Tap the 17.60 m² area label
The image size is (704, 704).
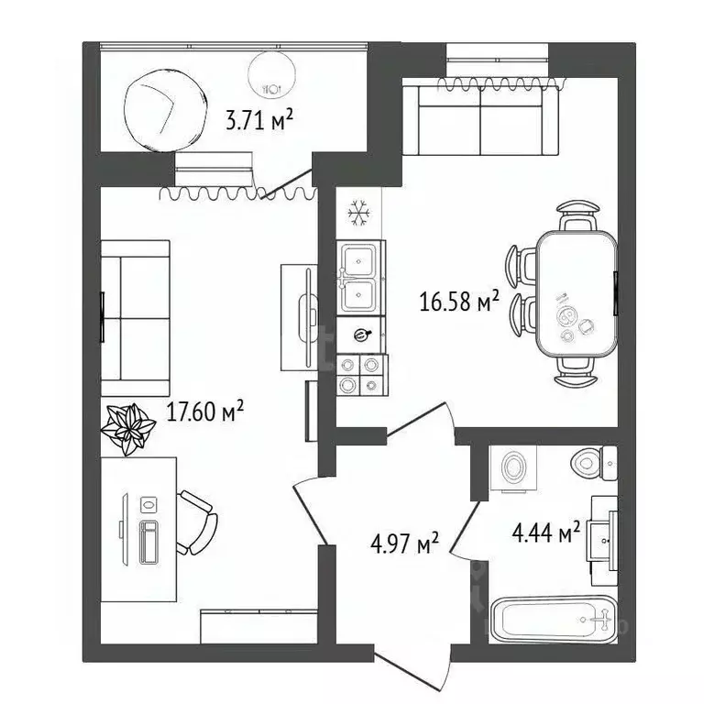(205, 413)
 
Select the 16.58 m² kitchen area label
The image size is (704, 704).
(458, 301)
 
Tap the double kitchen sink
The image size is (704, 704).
(361, 278)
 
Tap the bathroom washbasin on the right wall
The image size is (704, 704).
(605, 541)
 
